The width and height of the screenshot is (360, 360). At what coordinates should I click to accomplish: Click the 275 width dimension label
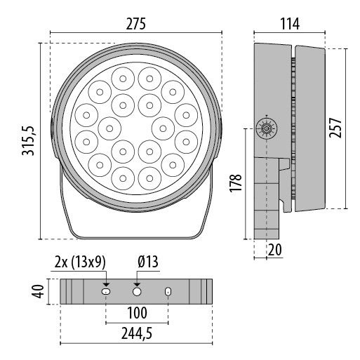pyautogui.click(x=135, y=23)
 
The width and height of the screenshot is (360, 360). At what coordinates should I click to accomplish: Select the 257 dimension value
pyautogui.click(x=338, y=129)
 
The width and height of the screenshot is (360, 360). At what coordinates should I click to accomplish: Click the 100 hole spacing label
pyautogui.click(x=137, y=312)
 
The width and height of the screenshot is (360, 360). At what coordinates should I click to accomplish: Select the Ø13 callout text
pyautogui.click(x=148, y=262)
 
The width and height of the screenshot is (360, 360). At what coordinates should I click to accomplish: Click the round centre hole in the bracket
pyautogui.click(x=137, y=291)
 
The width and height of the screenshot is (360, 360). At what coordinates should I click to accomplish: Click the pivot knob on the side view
pyautogui.click(x=267, y=128)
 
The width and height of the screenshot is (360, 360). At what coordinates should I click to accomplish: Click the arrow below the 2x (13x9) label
pyautogui.click(x=106, y=279)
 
